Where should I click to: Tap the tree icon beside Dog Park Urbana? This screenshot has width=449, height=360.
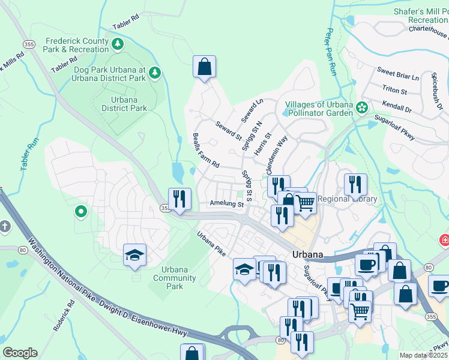[x=155, y=73]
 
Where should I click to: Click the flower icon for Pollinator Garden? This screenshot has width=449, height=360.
[x=362, y=107]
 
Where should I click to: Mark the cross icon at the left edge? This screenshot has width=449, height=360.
[x=5, y=227]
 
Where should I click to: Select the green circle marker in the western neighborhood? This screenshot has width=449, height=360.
[x=80, y=211]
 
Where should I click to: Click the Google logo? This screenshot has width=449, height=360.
[x=20, y=353]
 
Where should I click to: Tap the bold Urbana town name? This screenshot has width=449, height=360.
[x=308, y=254]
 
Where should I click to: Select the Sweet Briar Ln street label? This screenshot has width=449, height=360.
[x=398, y=74]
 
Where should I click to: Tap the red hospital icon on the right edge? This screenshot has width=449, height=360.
[x=444, y=240]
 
